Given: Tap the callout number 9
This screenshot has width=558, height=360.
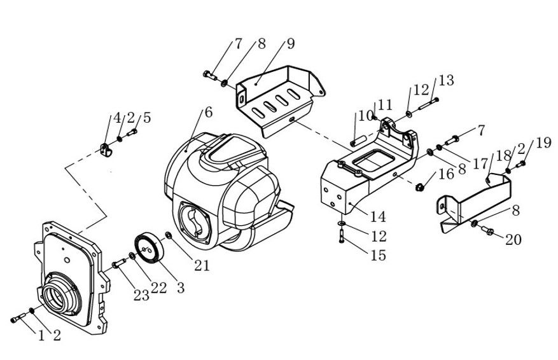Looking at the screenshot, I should click(x=291, y=44).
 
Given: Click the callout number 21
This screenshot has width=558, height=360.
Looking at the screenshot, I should click(x=202, y=266).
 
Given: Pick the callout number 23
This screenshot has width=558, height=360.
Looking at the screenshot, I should click(x=141, y=294).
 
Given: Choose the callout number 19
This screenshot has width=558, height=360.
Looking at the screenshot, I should click(x=543, y=143).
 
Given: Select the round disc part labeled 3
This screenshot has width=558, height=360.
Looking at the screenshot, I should click(x=149, y=247).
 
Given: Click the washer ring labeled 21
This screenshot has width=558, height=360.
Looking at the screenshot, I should click(x=168, y=237).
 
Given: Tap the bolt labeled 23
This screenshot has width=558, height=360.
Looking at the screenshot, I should click(x=118, y=262).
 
